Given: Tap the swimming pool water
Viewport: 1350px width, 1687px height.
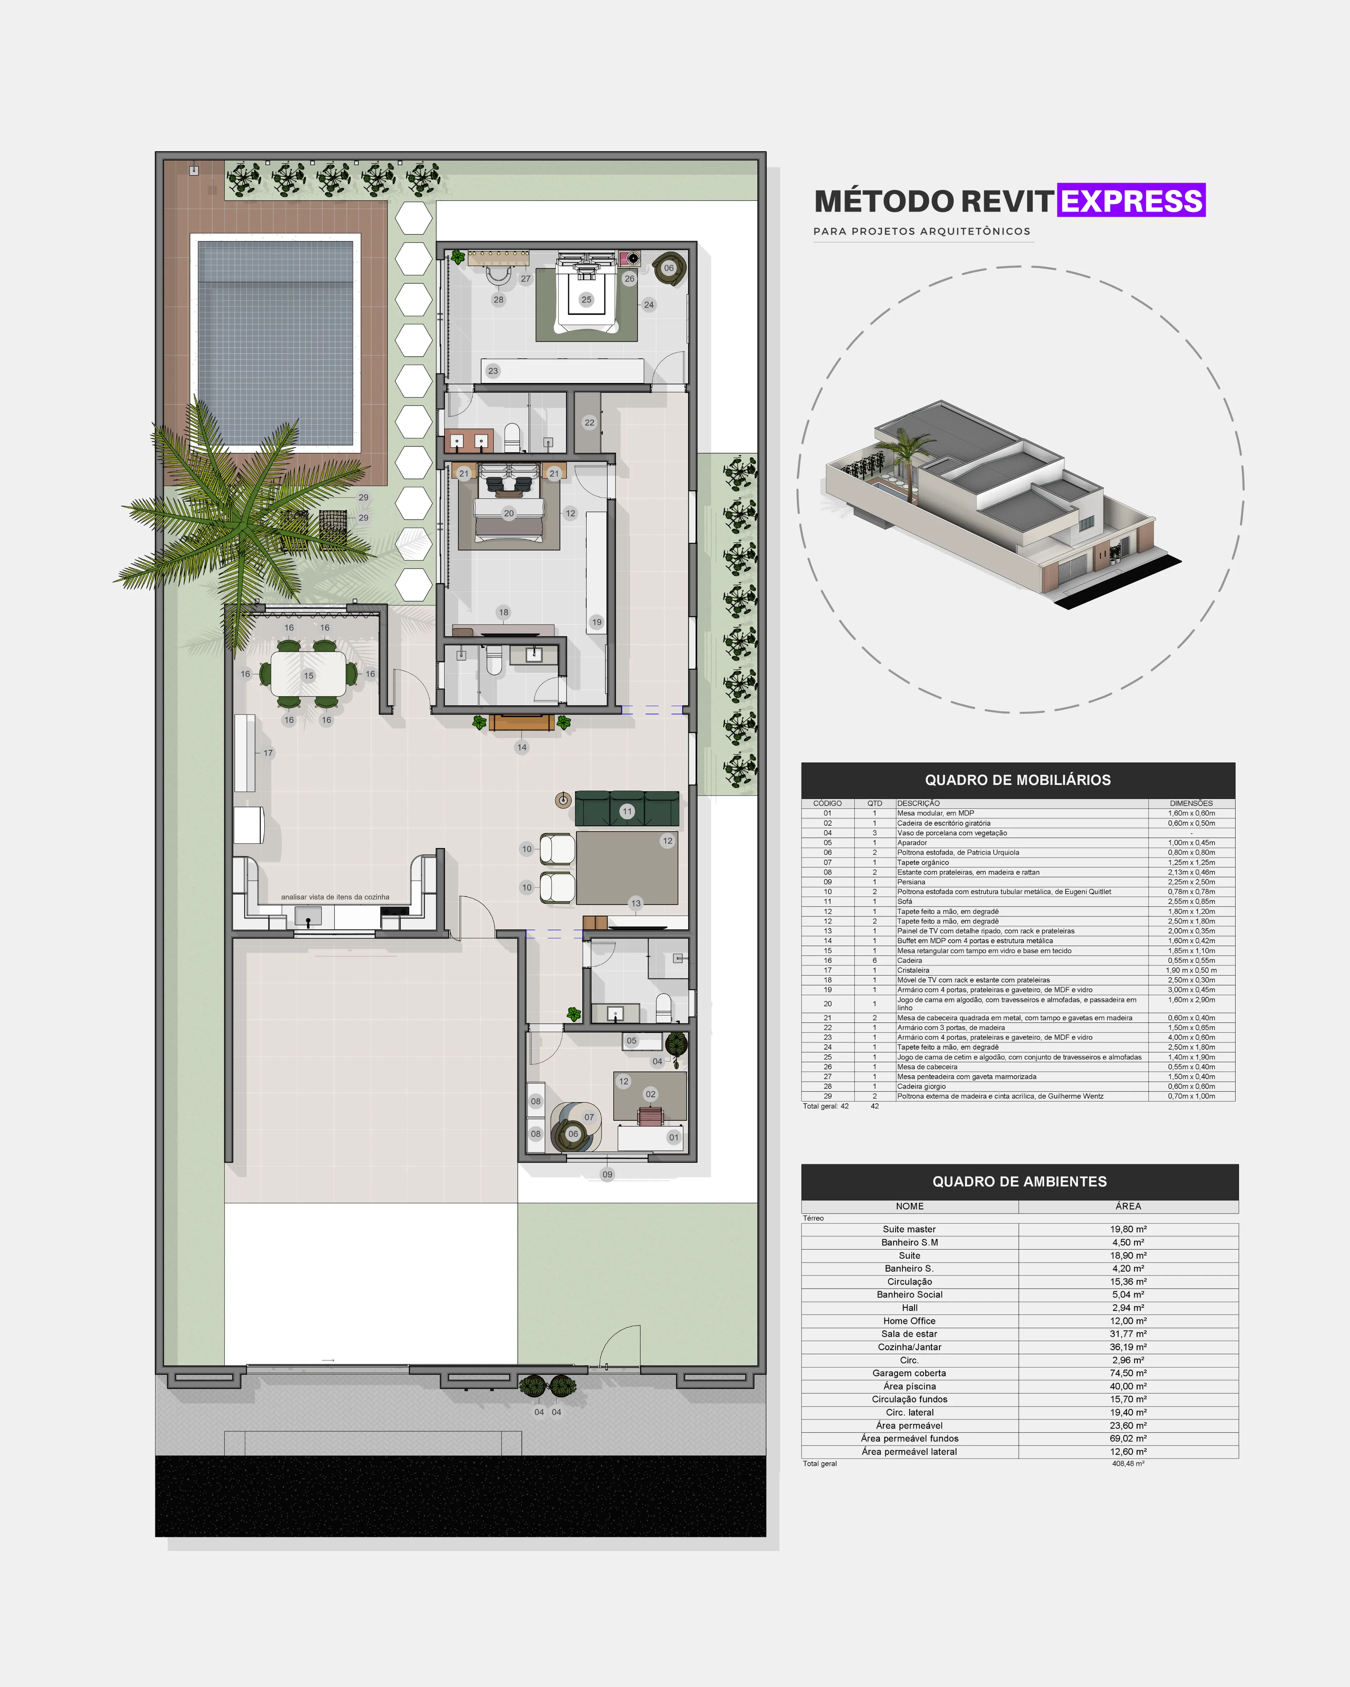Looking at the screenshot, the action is click(276, 343).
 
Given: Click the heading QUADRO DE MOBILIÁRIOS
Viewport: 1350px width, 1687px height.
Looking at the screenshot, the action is click(1017, 780).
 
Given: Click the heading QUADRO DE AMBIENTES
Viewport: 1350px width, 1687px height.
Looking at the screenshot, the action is click(1019, 1182).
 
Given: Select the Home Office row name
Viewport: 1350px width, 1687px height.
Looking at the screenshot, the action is click(909, 1321).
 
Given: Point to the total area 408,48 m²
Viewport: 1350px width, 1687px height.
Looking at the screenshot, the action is click(1128, 1463).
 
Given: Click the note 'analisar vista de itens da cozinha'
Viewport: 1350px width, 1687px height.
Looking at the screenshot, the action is click(335, 897).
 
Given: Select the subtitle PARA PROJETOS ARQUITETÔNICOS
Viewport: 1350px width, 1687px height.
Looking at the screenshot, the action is click(922, 232).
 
